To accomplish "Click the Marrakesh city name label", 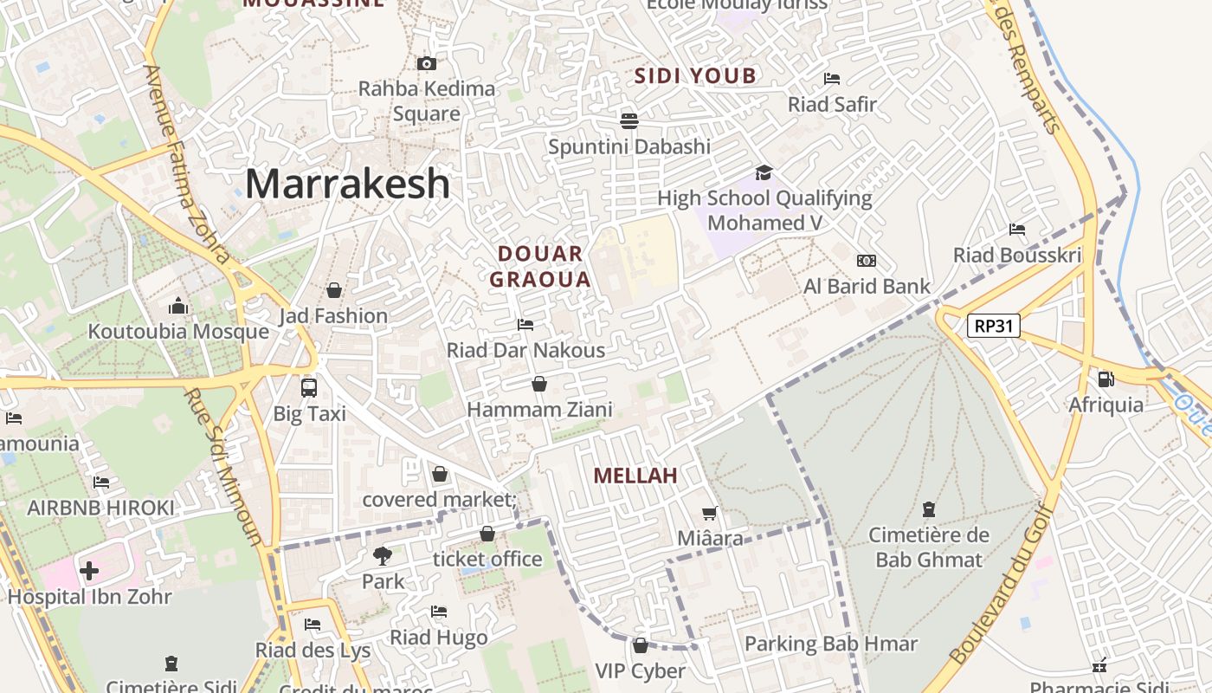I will tap(347, 184).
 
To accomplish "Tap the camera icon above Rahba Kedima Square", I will tap(426, 63).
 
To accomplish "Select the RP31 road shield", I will tap(994, 326).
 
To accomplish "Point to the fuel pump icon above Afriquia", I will tap(1106, 379).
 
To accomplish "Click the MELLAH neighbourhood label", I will tap(635, 476).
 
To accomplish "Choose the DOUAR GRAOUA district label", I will tap(540, 266).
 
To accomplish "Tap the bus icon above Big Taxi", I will tap(309, 387).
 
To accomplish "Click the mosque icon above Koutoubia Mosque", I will tap(178, 306).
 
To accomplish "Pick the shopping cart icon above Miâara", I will tap(710, 513).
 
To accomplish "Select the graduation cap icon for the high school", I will tap(763, 172).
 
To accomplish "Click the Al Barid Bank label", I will tap(867, 286).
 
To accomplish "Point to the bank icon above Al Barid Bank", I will tap(866, 261).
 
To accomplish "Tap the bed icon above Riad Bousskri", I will tap(1017, 230).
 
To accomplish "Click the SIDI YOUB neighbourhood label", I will tap(696, 76).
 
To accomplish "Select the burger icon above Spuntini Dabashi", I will tap(629, 120).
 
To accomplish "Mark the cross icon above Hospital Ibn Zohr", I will tap(89, 571).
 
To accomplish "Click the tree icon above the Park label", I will tap(383, 555).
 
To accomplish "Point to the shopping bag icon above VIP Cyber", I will tap(641, 645).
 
